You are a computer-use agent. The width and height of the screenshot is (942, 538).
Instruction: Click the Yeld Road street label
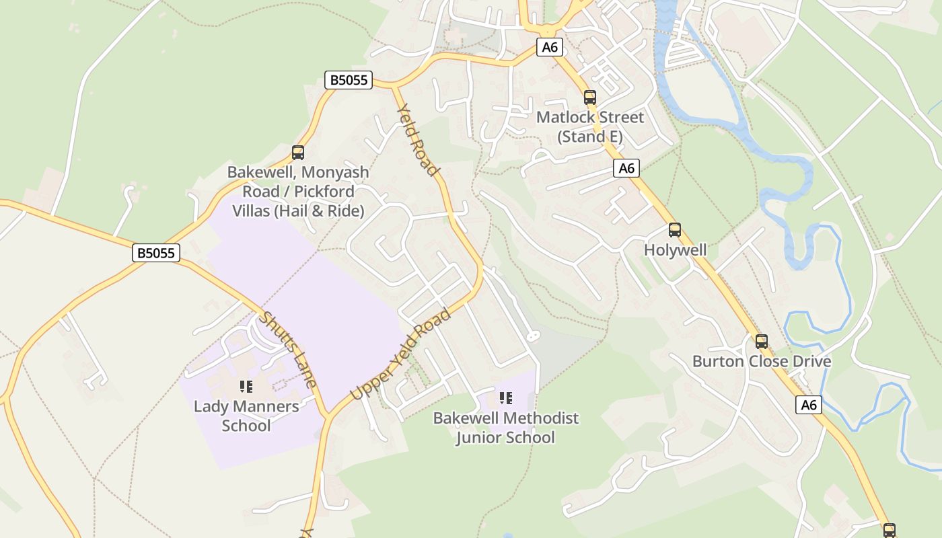(x=417, y=140)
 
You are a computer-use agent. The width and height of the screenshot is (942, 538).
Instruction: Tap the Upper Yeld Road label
(x=400, y=354)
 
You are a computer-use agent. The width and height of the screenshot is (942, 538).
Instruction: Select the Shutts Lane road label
(x=289, y=350)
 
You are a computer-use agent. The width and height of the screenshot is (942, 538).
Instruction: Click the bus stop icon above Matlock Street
(x=590, y=98)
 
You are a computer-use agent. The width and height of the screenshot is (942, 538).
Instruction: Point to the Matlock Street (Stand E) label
(x=590, y=127)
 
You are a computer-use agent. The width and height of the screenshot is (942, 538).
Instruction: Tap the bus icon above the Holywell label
(x=675, y=230)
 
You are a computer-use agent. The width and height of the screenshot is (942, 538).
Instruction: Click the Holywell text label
(x=675, y=250)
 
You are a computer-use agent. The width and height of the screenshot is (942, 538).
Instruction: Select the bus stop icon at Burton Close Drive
(x=761, y=341)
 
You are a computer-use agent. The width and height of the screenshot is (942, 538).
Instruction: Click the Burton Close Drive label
(x=761, y=361)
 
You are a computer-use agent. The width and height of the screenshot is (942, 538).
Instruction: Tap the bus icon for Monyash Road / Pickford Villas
(x=298, y=153)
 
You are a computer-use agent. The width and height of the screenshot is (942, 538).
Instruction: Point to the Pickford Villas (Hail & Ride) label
(x=298, y=192)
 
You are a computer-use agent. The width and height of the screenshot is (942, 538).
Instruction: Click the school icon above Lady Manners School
(x=246, y=387)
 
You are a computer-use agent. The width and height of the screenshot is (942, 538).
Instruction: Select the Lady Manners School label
(x=246, y=416)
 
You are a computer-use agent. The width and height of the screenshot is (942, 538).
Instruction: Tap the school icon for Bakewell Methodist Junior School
(x=505, y=398)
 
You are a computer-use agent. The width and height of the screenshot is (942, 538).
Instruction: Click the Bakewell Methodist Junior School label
(x=505, y=428)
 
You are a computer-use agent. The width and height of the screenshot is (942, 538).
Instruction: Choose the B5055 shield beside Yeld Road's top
(x=348, y=80)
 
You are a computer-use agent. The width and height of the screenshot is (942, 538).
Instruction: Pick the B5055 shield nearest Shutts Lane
(x=155, y=253)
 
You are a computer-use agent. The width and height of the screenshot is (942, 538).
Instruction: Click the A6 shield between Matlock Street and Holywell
(x=626, y=168)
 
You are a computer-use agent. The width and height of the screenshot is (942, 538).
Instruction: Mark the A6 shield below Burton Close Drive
(x=809, y=405)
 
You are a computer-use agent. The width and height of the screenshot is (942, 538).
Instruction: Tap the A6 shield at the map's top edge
(x=550, y=47)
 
